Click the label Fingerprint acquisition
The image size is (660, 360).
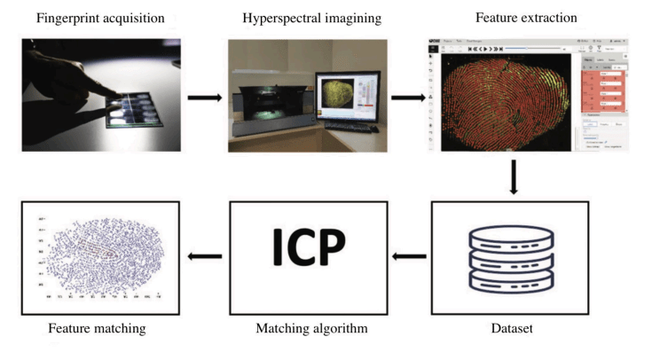[x=95, y=17]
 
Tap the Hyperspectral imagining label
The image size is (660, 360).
[x=308, y=17]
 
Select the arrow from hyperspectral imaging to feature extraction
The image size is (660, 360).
[x=409, y=95]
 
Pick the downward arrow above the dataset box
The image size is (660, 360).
[x=514, y=176]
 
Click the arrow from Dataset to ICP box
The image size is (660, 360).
[x=410, y=258]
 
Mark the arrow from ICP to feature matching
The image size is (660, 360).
[x=205, y=258]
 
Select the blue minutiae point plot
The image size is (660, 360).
[x=99, y=258]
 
